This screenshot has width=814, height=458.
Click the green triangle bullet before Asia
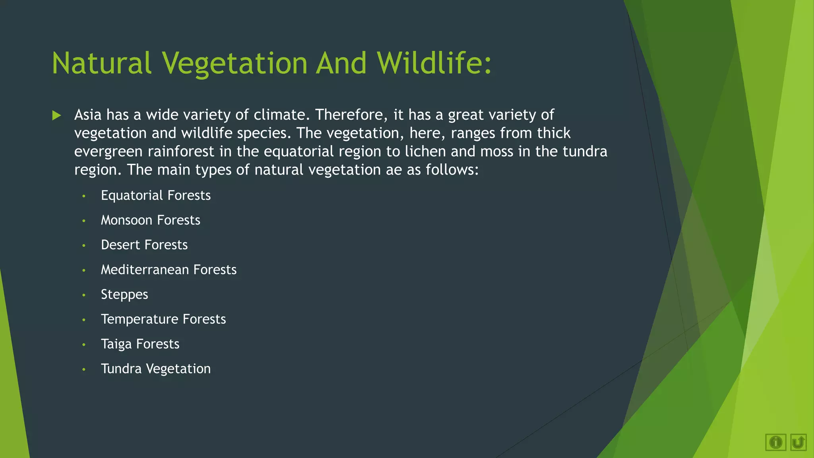tap(57, 116)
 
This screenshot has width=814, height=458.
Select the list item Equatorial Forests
tap(155, 196)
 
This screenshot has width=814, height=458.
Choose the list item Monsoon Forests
tap(150, 220)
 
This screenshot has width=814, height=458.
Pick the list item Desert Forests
tap(144, 245)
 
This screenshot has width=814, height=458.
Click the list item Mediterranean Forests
tap(169, 270)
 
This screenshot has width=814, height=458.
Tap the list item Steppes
tap(124, 295)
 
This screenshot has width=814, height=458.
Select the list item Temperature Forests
tap(163, 319)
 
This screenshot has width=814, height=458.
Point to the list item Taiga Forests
tap(140, 344)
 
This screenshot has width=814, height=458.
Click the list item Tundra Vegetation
tap(155, 369)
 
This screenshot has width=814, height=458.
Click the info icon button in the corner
tap(775, 442)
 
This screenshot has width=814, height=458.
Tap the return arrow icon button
tap(798, 442)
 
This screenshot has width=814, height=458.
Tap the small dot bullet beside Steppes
tap(84, 295)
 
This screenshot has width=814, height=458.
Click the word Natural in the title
tap(102, 64)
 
